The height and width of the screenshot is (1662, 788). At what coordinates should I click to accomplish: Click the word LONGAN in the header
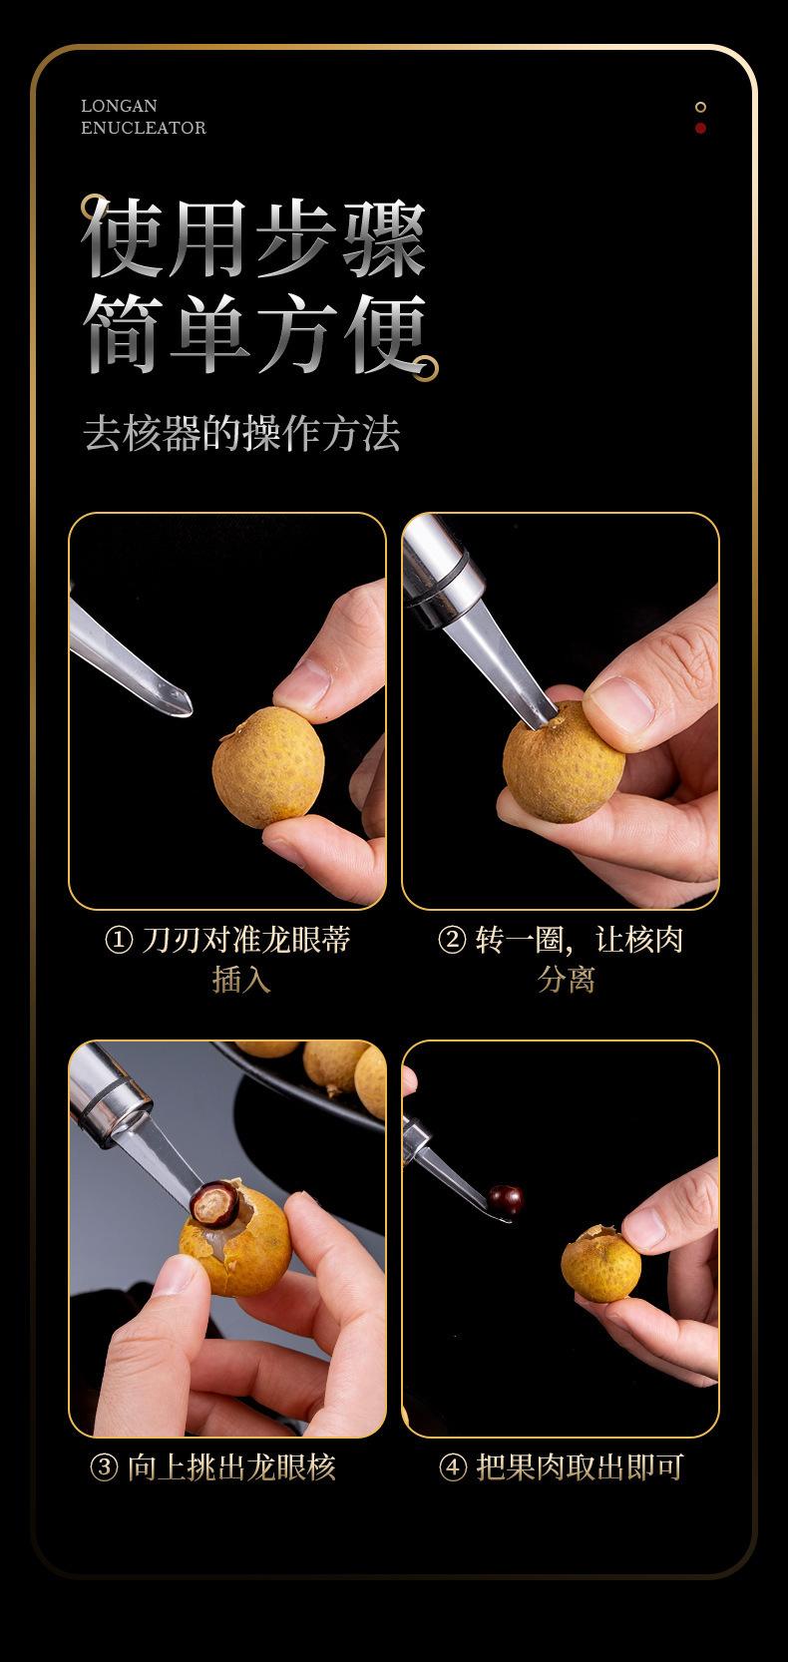pos(119,106)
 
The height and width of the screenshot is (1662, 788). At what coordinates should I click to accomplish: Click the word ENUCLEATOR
pos(144,128)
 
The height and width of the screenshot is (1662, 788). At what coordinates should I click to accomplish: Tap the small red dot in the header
pos(700,128)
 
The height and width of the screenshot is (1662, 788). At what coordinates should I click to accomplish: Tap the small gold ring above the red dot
pos(700,107)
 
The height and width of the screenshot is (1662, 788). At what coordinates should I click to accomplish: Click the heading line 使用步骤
pos(253,238)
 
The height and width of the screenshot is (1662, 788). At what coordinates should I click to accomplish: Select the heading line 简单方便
pos(256,333)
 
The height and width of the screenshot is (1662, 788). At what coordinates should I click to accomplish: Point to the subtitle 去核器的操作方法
pos(242,433)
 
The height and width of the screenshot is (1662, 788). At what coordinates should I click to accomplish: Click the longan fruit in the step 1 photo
pos(268,767)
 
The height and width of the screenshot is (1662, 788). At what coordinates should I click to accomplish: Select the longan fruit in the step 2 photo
pos(563,762)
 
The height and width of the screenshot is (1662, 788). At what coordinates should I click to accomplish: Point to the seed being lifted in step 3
pos(215,1203)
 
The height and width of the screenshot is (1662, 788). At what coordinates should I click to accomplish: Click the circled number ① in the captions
pos(119,940)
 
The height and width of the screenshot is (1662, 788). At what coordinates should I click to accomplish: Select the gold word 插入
pos(241,980)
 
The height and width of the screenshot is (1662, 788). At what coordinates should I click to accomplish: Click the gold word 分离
pos(567,980)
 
